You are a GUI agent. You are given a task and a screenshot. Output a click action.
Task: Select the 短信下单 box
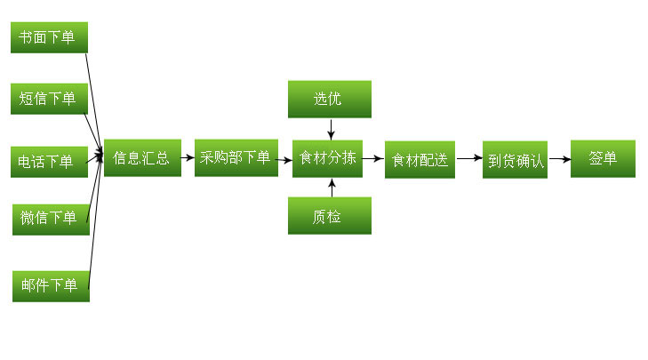click(x=49, y=99)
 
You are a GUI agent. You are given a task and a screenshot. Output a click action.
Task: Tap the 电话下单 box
click(x=49, y=161)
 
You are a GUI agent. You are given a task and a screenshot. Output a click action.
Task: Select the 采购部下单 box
click(x=235, y=158)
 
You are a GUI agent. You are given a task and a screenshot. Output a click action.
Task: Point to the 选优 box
click(x=329, y=99)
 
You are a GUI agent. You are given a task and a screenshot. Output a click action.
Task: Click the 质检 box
click(x=329, y=217)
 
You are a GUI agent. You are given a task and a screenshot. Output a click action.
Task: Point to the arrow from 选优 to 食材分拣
click(x=331, y=128)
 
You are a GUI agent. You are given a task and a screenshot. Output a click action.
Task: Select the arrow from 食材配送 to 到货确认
click(x=468, y=160)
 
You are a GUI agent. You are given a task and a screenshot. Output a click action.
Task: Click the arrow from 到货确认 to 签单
click(x=559, y=160)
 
